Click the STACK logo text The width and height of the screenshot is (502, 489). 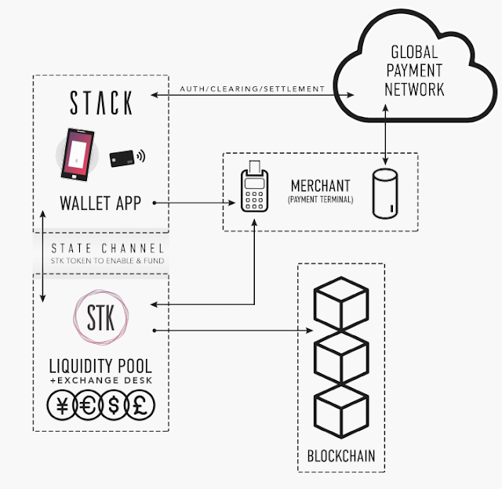coord(101,103)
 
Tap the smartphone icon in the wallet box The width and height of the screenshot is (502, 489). coord(78,154)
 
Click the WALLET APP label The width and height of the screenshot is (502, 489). coord(100,203)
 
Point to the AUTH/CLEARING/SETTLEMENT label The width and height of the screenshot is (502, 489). coord(253,89)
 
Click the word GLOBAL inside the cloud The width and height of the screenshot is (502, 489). coord(414,53)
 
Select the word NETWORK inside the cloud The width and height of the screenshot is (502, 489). coord(414,89)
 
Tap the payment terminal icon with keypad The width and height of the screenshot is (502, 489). coord(254,187)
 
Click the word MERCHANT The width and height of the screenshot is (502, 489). coord(321,186)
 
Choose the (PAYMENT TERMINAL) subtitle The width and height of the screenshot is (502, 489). coord(321,200)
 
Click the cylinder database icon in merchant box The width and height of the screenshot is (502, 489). coord(385,194)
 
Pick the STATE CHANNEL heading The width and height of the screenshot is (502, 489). coord(107,248)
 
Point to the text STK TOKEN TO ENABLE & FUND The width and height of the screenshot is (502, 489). coord(107,261)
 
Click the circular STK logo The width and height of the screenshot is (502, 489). coord(101,317)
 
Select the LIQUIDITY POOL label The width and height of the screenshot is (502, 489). coord(100,366)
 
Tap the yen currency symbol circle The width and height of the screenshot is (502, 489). coord(62,405)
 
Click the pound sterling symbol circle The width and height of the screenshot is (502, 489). coord(140,405)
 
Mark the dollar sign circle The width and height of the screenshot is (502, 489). coord(114,405)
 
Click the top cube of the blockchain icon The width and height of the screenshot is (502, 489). coord(341,303)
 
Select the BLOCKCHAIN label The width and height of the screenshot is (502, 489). coord(341,456)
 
